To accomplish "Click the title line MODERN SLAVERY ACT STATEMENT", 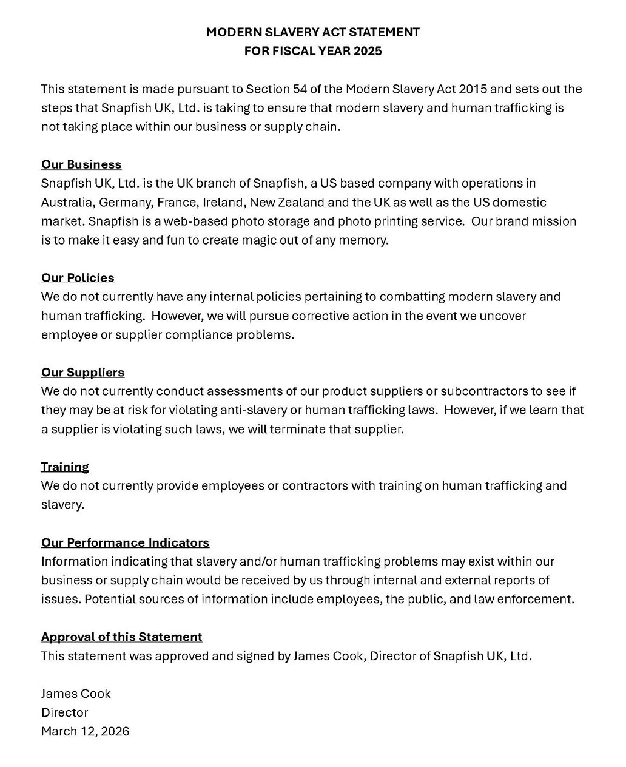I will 312,32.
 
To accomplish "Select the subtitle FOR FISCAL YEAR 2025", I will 312,51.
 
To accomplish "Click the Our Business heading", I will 81,164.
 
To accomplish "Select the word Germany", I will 125,202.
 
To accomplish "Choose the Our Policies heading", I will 78,278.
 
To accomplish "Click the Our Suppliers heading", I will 82,372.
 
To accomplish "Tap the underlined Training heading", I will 65,467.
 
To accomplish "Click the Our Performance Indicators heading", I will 125,542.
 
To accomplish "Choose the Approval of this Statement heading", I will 121,637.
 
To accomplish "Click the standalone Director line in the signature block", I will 64,712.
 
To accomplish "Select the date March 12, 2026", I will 85,731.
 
